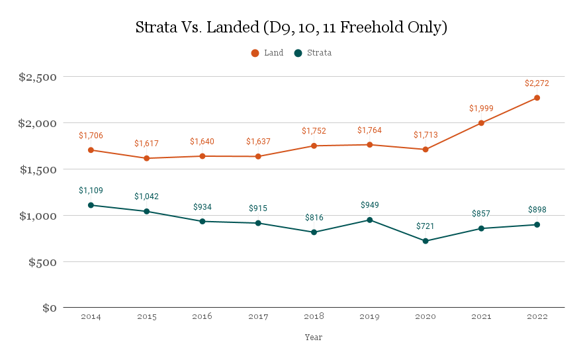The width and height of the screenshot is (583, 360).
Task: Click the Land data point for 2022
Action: point(537,98)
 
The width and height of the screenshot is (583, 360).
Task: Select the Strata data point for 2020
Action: point(426,241)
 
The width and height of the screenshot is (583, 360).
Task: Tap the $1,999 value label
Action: point(481,109)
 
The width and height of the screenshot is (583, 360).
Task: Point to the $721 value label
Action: point(426,226)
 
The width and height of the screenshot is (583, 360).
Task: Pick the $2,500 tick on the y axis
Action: point(38,77)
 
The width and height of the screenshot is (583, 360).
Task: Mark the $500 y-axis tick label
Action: point(44,262)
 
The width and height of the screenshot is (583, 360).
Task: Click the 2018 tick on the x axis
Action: point(314,317)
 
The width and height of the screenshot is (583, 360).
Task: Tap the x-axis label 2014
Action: point(91,317)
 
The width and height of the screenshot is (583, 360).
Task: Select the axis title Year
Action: point(314,337)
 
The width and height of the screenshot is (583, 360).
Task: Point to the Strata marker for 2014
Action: point(91,205)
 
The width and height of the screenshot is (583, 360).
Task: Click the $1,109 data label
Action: point(91,191)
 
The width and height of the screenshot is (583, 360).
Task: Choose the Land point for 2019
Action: point(369,144)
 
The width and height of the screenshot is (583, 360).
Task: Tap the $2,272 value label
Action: point(537,83)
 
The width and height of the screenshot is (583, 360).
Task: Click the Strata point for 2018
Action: point(314,232)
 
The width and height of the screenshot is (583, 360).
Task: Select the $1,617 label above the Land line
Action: point(146,144)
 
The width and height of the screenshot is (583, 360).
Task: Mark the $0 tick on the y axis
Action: point(50,308)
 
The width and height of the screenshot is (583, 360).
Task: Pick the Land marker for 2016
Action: point(202,156)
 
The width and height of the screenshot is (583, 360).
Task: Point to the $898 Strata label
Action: point(537,210)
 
